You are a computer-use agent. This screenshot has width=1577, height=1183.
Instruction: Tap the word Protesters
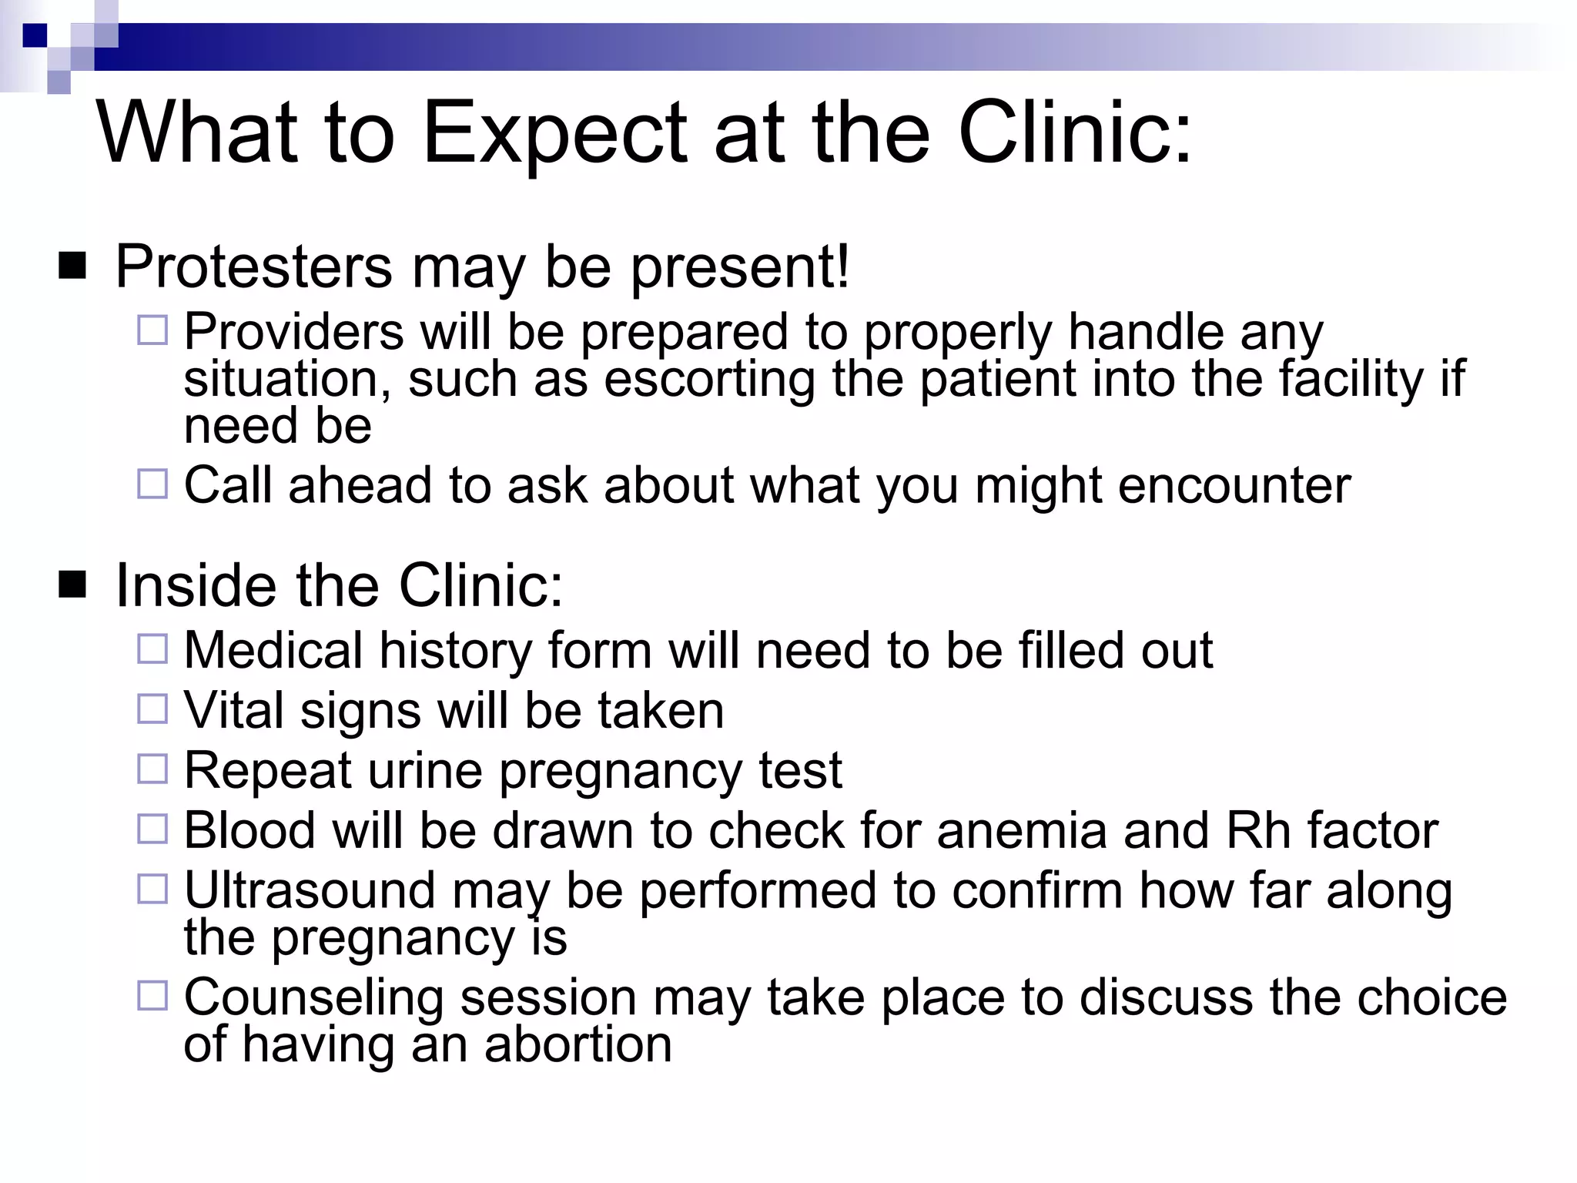coord(253,267)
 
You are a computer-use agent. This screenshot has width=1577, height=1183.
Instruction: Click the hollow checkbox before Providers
coord(152,330)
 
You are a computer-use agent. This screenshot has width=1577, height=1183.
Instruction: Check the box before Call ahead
coord(152,484)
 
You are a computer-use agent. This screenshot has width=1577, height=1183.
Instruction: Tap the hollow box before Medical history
coord(152,649)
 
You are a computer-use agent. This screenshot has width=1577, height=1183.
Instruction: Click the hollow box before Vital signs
coord(152,709)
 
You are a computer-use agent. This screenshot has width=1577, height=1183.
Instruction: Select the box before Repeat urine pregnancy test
coord(152,769)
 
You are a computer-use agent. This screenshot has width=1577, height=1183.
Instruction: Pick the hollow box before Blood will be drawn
coord(152,829)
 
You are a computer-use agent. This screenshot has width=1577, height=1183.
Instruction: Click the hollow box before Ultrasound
coord(152,889)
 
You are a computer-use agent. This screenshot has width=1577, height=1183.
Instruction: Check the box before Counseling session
coord(152,996)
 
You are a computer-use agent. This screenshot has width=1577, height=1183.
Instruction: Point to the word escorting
coord(708,379)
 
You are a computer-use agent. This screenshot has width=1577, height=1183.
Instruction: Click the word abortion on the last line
coord(578,1044)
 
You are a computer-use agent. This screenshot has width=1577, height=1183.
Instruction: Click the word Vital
coord(234,710)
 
